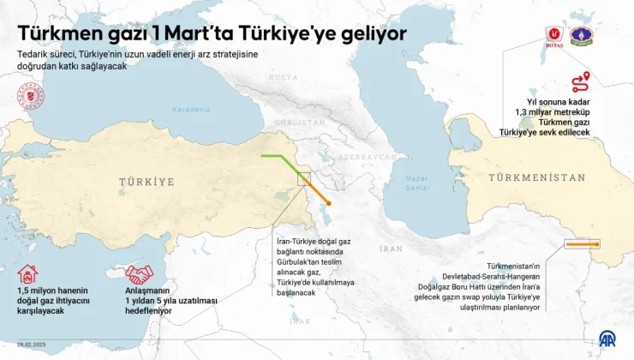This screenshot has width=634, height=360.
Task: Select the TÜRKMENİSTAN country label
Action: click(x=537, y=177)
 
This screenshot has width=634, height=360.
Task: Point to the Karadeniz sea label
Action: click(x=189, y=110)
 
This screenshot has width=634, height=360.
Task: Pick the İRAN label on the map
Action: click(x=391, y=249)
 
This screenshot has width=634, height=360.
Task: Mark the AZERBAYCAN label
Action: click(x=367, y=158)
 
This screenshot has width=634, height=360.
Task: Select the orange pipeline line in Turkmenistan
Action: click(x=583, y=244)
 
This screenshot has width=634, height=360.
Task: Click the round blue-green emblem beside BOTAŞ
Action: click(x=583, y=36)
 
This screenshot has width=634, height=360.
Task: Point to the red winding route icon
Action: click(x=581, y=82)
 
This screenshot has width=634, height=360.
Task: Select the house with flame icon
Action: click(x=28, y=274)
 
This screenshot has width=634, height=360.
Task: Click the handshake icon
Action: click(x=139, y=274)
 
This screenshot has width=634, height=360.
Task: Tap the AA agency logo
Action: click(x=607, y=340)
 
